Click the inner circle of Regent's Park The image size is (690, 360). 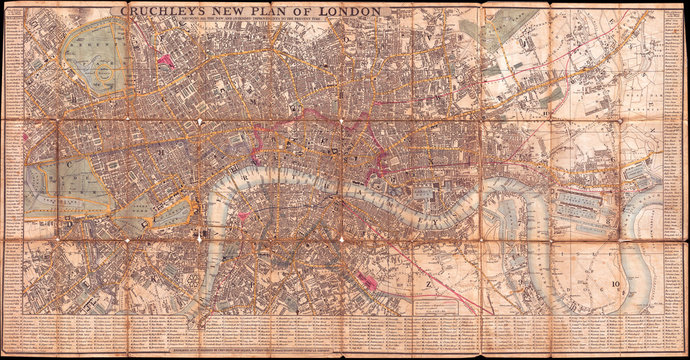point(101,72)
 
